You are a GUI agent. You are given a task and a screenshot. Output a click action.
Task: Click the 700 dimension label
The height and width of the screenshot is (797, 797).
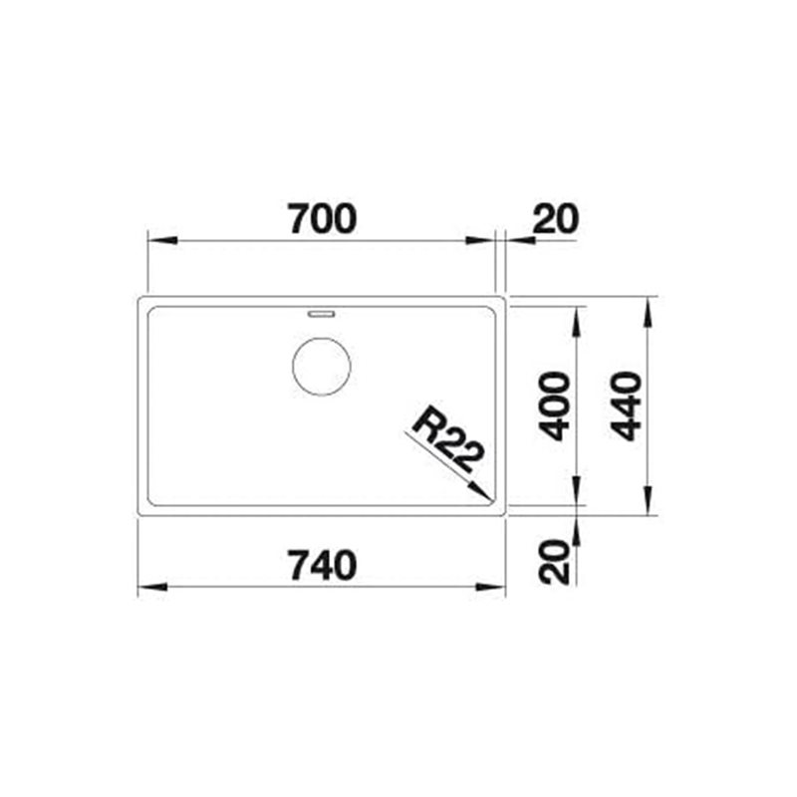pyautogui.click(x=323, y=219)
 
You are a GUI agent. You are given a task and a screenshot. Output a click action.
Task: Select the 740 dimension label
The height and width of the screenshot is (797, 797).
pyautogui.click(x=323, y=565)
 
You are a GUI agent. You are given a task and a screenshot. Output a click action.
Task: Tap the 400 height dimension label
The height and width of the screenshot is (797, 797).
pyautogui.click(x=554, y=406)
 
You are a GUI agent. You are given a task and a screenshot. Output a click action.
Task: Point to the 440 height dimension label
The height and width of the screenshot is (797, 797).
pyautogui.click(x=626, y=406)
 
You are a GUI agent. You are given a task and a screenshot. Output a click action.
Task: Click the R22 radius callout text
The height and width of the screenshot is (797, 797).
pyautogui.click(x=446, y=438)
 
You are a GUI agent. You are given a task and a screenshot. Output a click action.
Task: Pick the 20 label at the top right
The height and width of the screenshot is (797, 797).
pyautogui.click(x=556, y=219)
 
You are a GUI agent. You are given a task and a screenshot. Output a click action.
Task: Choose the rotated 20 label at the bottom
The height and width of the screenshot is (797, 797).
pyautogui.click(x=554, y=562)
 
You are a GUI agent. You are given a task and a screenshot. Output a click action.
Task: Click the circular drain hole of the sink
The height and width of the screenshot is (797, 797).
pyautogui.click(x=321, y=367)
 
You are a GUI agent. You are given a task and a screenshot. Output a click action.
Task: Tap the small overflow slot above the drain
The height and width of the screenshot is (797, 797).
pyautogui.click(x=321, y=314)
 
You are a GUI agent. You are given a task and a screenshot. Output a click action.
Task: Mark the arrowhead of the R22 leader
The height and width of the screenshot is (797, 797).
pyautogui.click(x=481, y=492)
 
